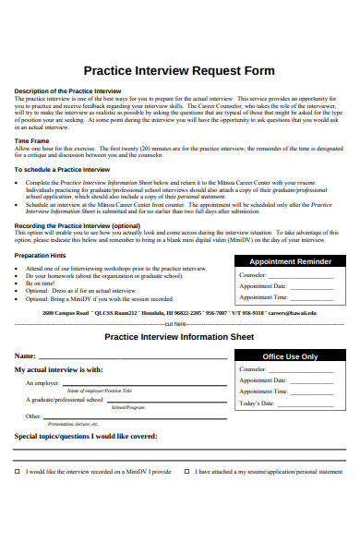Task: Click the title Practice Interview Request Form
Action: [179, 70]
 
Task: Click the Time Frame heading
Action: [31, 141]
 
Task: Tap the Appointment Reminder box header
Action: [291, 261]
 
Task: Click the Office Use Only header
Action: [290, 355]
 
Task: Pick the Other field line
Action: [129, 416]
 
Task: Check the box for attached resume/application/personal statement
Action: [187, 471]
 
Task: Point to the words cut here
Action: [175, 325]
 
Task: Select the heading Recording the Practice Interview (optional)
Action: [77, 225]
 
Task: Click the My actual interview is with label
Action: [58, 369]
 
